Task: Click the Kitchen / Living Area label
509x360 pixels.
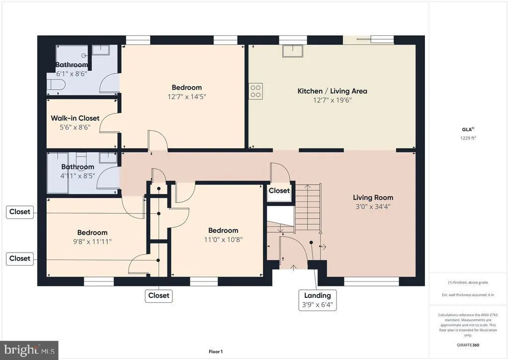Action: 332,91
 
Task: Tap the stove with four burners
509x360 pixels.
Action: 255,91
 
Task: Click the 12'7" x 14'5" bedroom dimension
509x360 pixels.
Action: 186,97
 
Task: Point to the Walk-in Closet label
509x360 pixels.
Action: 75,118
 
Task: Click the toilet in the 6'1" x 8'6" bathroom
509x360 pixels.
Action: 55,86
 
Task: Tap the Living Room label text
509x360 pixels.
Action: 373,197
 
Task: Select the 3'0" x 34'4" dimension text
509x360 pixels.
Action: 373,206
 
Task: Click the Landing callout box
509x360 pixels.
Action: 317,300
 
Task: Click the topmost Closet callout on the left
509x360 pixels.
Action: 19,212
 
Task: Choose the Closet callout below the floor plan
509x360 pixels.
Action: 159,295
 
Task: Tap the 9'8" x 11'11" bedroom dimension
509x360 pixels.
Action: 92,242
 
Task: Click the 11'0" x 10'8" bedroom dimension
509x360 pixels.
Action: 223,239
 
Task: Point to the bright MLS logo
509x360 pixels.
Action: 29,350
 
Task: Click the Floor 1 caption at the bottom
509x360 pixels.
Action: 215,352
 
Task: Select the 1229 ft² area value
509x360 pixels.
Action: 468,139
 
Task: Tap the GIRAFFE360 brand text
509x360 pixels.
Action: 468,345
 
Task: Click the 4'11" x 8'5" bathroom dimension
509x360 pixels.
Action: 78,175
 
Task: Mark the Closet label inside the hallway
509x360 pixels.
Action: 279,190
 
